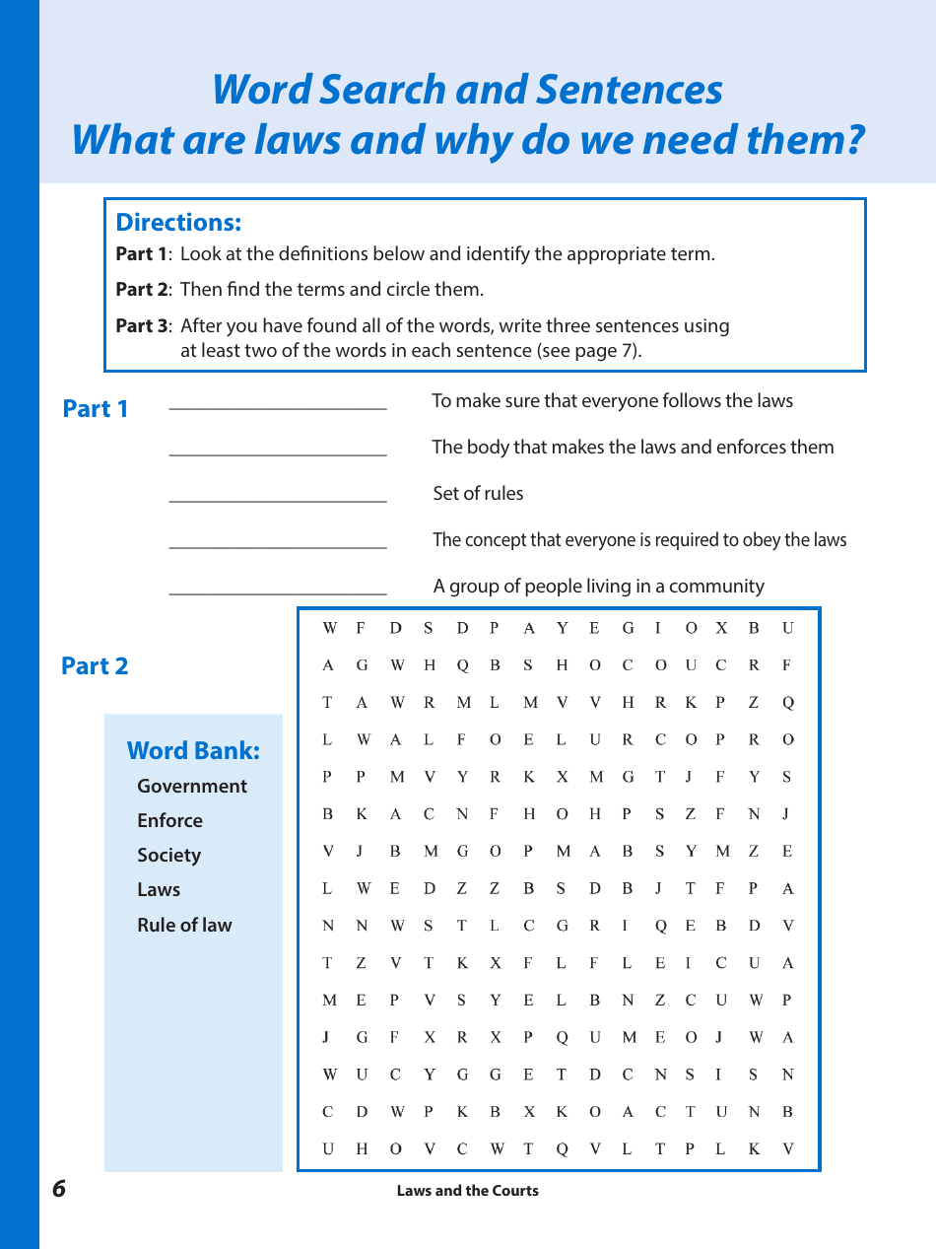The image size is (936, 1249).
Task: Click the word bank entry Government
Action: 192,786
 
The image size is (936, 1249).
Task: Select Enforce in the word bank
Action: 169,820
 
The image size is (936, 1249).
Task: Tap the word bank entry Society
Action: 168,855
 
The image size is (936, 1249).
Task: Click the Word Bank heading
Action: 193,750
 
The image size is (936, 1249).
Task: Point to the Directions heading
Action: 178,222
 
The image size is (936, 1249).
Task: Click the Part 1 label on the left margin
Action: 96,408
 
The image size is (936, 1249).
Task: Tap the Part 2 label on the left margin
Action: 95,665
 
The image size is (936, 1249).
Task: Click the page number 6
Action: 59,1189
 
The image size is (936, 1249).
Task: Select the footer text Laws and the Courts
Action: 467,1190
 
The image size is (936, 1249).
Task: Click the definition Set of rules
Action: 478,493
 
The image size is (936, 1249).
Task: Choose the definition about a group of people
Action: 598,586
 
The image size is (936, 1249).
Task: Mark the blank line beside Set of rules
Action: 278,500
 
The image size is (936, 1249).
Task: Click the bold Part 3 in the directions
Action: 142,325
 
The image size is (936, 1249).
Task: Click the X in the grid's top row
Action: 721,628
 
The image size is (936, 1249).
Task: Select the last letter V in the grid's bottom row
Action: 787,1148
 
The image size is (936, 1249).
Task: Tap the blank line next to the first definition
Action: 278,407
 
